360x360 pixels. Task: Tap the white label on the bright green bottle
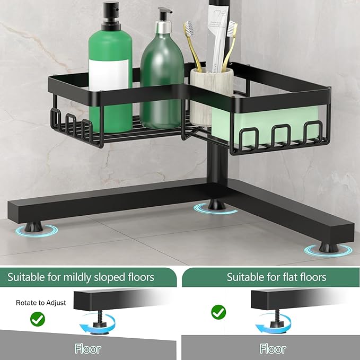(x=109, y=75)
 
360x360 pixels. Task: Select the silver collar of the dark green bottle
(x=163, y=27)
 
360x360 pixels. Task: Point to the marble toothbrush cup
(x=211, y=96)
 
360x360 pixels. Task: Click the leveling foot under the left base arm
(x=33, y=226)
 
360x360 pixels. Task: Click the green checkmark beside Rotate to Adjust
(x=38, y=319)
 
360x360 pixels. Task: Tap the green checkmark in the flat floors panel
(x=218, y=312)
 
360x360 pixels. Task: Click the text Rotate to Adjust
(x=41, y=303)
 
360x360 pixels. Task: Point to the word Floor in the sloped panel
(x=88, y=349)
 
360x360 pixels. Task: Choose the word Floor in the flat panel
(x=273, y=349)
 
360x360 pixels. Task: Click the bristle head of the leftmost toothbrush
(x=189, y=28)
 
